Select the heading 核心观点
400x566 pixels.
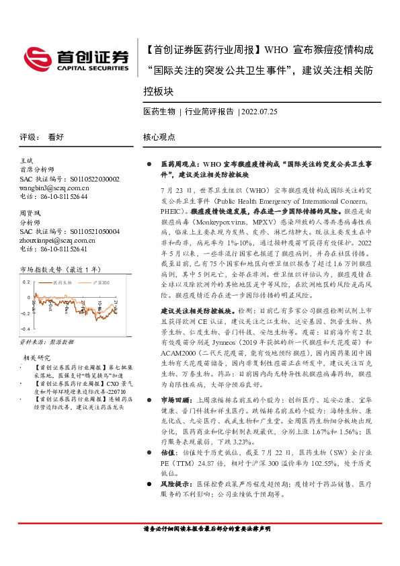click(159, 136)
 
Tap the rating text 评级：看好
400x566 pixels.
click(42, 136)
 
